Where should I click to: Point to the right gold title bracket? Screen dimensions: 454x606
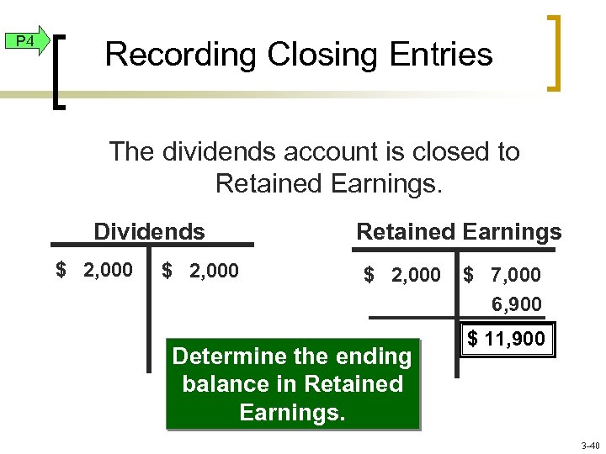coord(555,52)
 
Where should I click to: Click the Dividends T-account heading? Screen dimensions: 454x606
coord(149,231)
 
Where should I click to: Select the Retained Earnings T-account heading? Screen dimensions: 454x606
coord(459,231)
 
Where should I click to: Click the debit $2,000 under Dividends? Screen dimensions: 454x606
coord(93,271)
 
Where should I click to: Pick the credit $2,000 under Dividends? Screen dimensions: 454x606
coord(200,271)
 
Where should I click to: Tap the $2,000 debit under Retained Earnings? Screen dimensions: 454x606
coord(401,275)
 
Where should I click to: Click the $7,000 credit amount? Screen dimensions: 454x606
coord(502,275)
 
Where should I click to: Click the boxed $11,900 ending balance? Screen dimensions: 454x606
coord(507,340)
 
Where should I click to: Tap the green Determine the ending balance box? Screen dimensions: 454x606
coord(291,384)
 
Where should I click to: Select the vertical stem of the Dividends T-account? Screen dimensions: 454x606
coord(149,319)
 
